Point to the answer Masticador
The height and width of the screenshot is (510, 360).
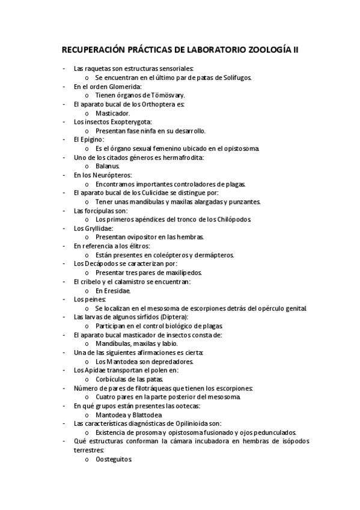tap(112, 113)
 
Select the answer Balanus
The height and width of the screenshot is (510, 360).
tap(108, 165)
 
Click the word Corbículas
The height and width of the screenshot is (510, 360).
tap(114, 379)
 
